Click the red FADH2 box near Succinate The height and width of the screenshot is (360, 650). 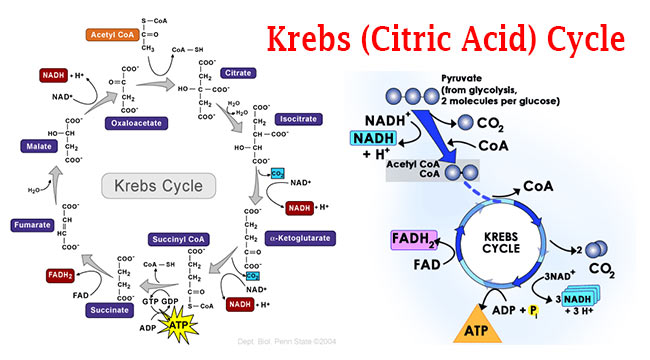[x=60, y=274]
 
